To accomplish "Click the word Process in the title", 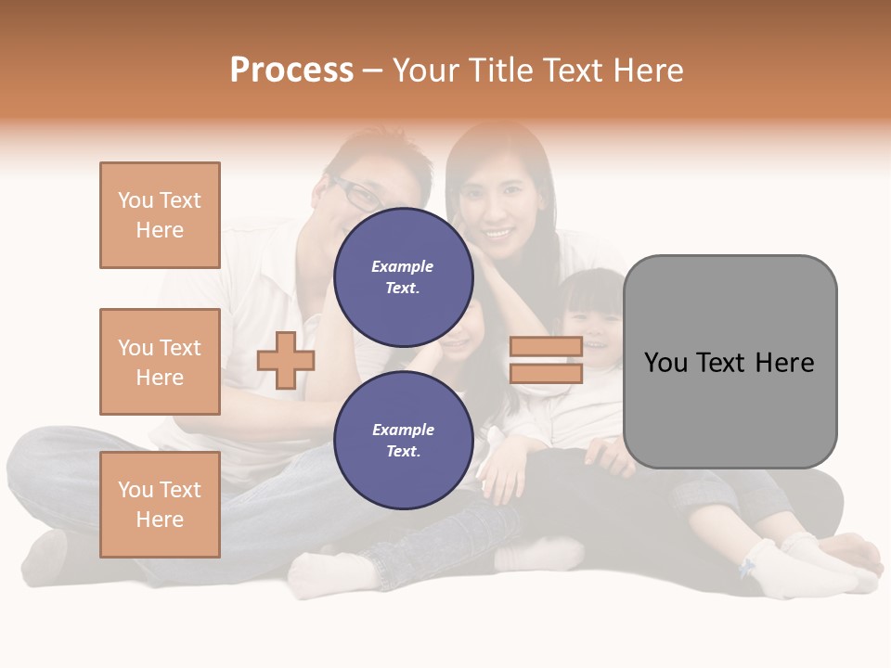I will coord(291,71).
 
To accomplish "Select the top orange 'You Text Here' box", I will coord(160,215).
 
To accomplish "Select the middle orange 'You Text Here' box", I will coord(160,362).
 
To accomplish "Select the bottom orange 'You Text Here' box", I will coord(160,505).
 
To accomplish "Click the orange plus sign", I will coord(286,360).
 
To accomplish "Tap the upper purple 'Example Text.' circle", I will coord(403,276).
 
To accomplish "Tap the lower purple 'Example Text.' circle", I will coord(403,440).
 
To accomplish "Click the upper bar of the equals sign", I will coord(546,346).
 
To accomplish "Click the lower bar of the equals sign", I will coord(546,374).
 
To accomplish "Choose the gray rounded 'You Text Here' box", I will coord(730,362).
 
